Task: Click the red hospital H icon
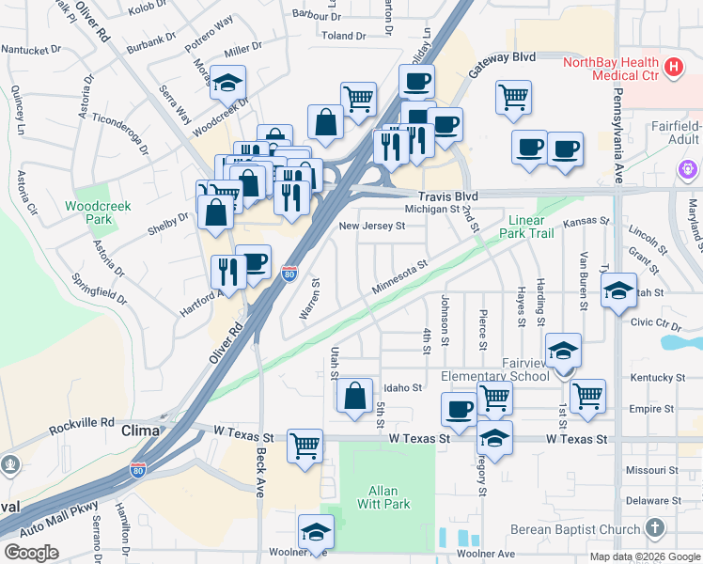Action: pyautogui.click(x=673, y=67)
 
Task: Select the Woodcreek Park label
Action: pyautogui.click(x=98, y=212)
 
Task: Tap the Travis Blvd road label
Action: pyautogui.click(x=449, y=196)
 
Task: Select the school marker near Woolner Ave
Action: pyautogui.click(x=316, y=531)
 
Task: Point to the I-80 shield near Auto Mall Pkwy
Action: pyautogui.click(x=138, y=470)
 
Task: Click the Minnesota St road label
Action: pyautogui.click(x=399, y=277)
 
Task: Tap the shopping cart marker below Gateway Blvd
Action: pyautogui.click(x=513, y=97)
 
